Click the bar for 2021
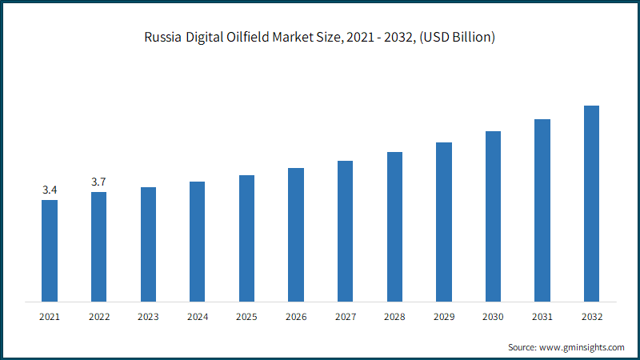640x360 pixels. coord(50,251)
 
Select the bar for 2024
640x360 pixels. coord(197,242)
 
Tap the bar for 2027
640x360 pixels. coord(346,231)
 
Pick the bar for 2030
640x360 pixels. coord(493,217)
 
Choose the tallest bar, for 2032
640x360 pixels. coord(591,204)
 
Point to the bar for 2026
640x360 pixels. coord(296,235)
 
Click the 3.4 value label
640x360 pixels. coord(50,190)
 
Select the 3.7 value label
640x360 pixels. coord(98,182)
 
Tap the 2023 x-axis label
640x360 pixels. coord(148,317)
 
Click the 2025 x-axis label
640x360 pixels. coord(246,317)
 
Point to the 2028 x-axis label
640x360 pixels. coord(394,317)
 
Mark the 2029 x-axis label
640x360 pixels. coord(444,317)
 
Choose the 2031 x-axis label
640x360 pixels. coord(542,317)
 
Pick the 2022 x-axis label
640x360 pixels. coord(99,317)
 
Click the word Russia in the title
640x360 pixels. coord(163,37)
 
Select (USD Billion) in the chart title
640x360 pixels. coord(457,38)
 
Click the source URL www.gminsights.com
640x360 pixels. coord(582,347)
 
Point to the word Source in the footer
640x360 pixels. coord(522,347)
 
